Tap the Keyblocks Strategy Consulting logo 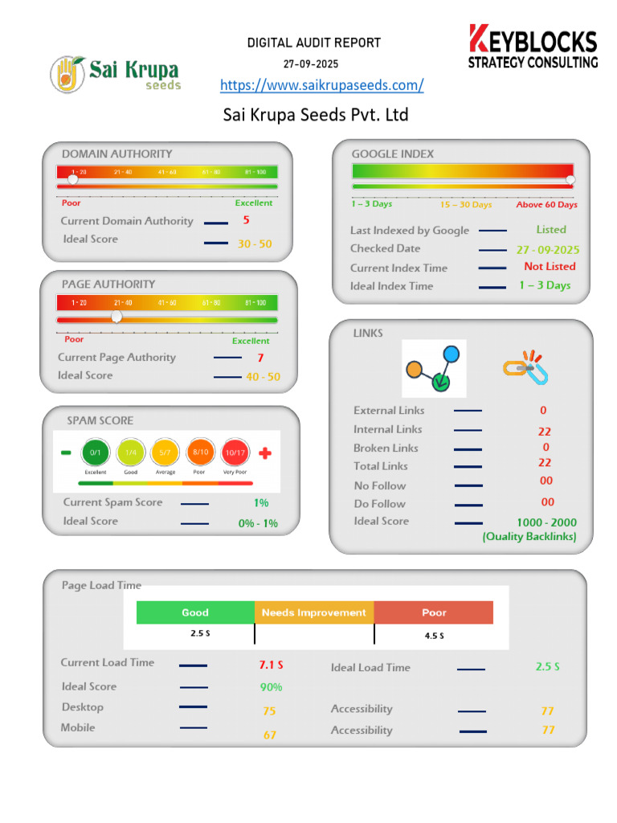tap(533, 47)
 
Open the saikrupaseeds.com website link tap(321, 85)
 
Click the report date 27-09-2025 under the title tap(311, 63)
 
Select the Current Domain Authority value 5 tap(246, 220)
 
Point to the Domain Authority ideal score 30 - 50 tap(255, 244)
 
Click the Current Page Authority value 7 tap(260, 358)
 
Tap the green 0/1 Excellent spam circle tap(96, 452)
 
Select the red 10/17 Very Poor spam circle tap(235, 452)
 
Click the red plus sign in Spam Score tap(265, 453)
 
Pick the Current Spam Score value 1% tap(261, 503)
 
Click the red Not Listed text tap(550, 267)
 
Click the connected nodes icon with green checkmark tap(434, 368)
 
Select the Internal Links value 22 tap(545, 432)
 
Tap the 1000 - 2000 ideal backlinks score tap(546, 522)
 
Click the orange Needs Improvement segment tap(313, 612)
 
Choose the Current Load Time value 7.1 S tap(271, 665)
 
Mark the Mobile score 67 tap(270, 735)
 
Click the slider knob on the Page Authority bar tap(116, 317)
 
